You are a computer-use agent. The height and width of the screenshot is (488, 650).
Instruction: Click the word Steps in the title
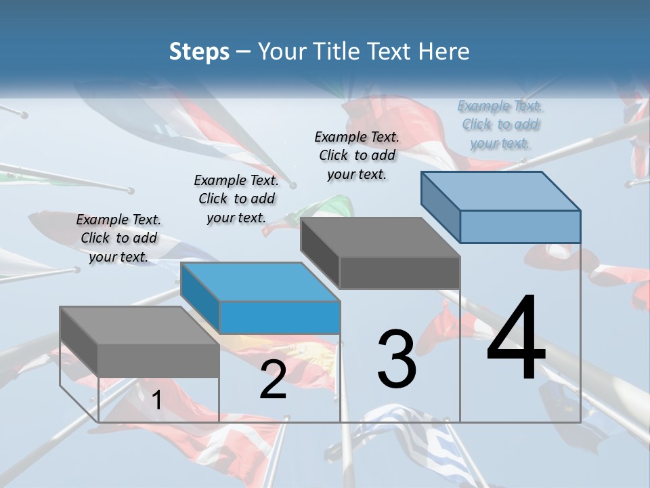point(199,52)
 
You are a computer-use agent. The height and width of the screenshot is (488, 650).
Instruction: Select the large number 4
point(516,338)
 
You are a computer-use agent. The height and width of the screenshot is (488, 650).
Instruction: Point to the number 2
point(273,380)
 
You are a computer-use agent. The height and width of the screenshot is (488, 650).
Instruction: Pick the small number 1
point(156,401)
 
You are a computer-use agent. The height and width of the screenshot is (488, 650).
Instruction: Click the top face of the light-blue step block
point(500,191)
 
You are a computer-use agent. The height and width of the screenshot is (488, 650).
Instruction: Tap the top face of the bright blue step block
point(260,281)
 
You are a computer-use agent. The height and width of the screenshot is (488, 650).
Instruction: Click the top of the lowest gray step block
point(139,325)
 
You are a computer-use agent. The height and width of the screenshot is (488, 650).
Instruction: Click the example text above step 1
point(119,238)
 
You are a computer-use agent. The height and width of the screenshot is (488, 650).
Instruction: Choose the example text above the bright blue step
point(236,199)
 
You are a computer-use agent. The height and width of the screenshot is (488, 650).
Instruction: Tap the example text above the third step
point(357,155)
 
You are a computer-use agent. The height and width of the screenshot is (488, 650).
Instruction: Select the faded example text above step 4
point(500,124)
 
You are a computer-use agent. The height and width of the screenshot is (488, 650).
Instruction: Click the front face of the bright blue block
point(280,317)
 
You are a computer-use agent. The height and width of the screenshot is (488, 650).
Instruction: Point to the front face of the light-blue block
point(520,226)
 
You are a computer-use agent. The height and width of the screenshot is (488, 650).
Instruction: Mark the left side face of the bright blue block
point(200,297)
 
